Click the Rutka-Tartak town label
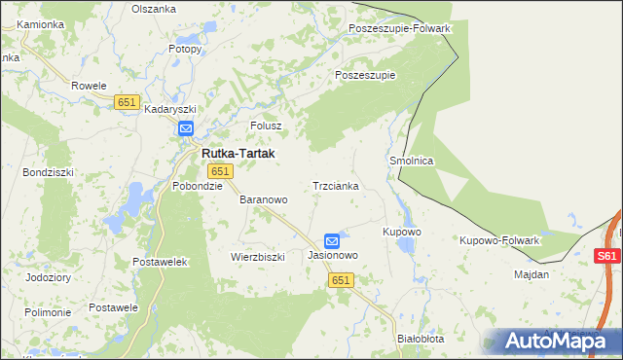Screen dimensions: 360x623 (x=238, y=154)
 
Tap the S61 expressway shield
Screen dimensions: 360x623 (x=606, y=256)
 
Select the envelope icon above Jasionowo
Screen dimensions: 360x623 (x=332, y=240)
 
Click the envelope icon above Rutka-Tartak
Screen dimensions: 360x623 (x=186, y=127)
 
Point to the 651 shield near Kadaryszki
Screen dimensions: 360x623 (x=127, y=102)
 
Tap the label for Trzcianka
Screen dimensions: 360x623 (x=336, y=185)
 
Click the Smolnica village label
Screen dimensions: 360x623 (x=411, y=161)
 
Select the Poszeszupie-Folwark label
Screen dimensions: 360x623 (x=399, y=28)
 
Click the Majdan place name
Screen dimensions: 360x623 (x=531, y=274)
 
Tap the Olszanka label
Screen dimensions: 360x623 (x=153, y=7)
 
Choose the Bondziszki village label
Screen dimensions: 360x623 (x=45, y=171)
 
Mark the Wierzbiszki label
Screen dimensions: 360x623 (x=257, y=257)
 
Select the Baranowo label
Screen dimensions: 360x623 (x=264, y=199)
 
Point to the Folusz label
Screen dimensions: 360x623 (x=266, y=126)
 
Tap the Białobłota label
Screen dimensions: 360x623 (x=421, y=339)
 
